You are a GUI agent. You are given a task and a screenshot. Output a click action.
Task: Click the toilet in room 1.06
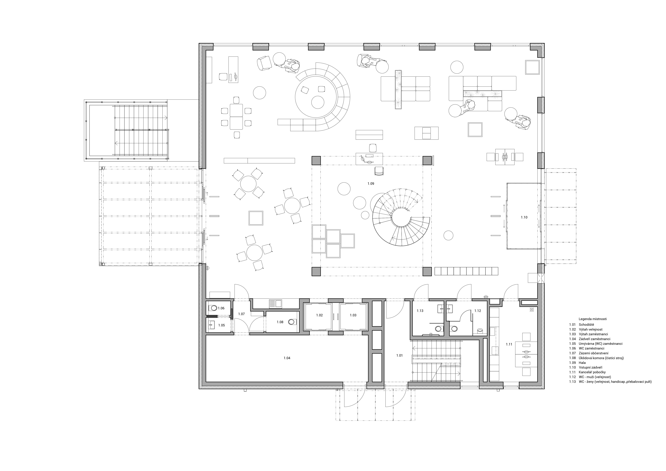pos(214,308)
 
